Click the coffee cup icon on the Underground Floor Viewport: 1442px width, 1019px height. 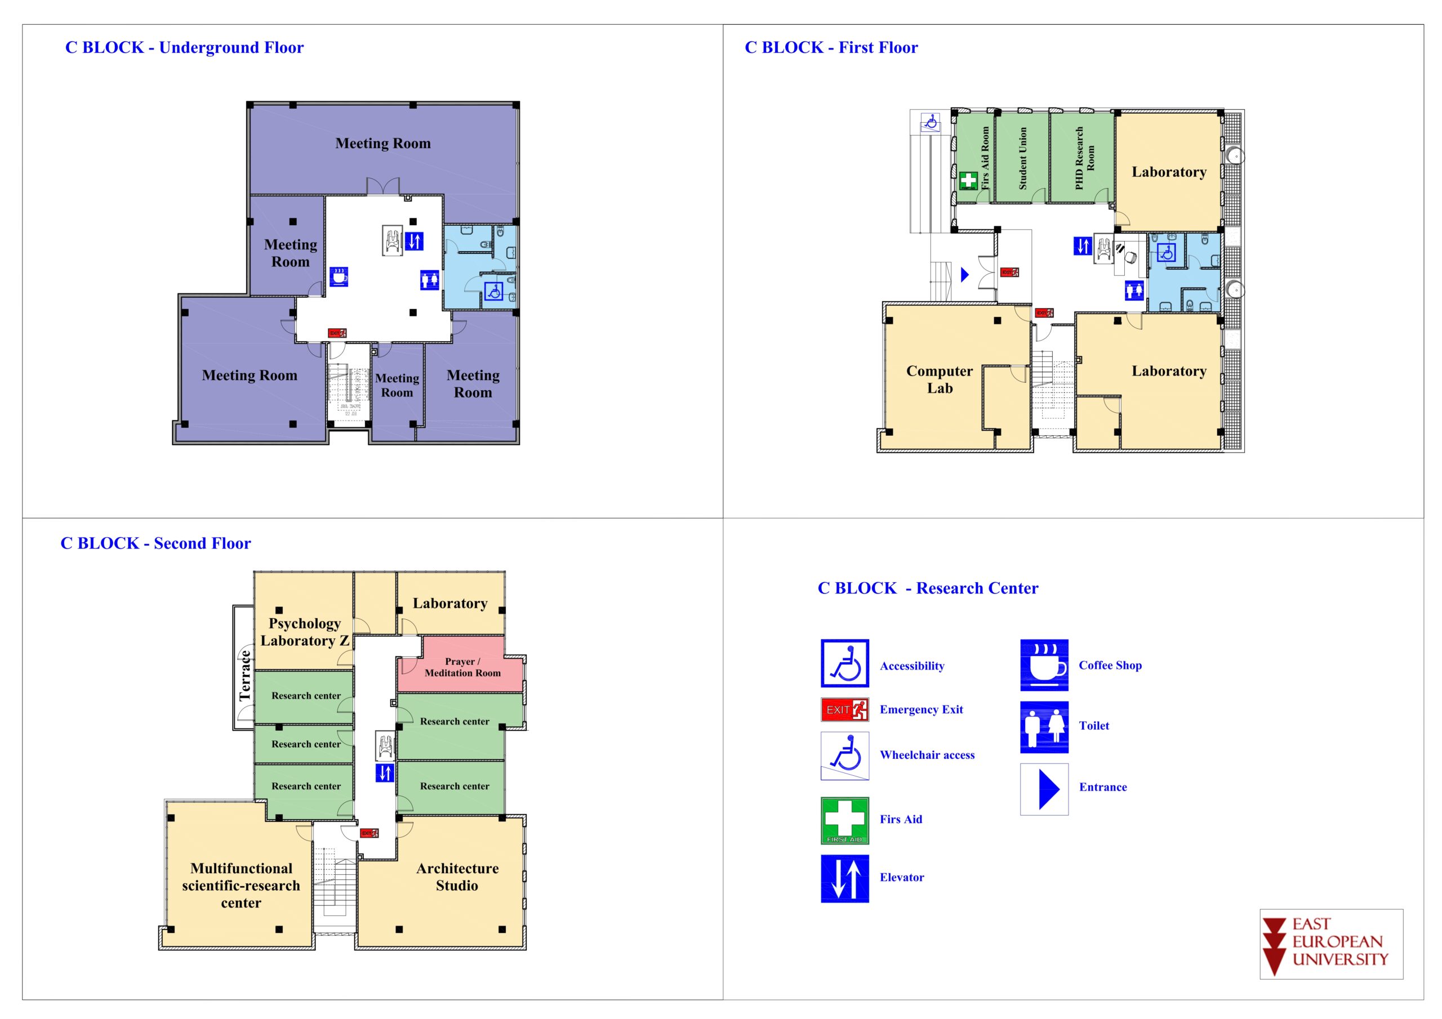coord(339,276)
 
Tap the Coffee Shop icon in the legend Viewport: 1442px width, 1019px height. coord(1044,665)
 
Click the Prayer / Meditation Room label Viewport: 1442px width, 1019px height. coord(462,667)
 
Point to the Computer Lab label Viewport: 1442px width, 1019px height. coord(940,379)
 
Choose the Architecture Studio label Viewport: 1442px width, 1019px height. coord(457,877)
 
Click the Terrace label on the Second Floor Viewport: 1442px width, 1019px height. coord(244,676)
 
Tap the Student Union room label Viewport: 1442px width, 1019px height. coord(1022,158)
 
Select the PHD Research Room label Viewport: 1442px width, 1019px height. coord(1085,158)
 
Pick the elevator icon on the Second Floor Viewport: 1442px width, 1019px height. coord(384,772)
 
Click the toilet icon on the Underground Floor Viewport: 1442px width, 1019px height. coord(430,279)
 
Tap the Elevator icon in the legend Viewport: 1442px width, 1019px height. coord(845,878)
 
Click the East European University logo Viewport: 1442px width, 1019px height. coord(1331,943)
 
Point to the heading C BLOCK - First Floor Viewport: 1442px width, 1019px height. coord(831,48)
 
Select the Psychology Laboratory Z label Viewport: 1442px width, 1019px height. coord(305,632)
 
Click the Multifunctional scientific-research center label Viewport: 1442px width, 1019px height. coord(241,885)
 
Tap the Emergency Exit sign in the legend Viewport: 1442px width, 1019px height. coord(845,709)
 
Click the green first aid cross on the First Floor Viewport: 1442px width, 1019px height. coord(968,180)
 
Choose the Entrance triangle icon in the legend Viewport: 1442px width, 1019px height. coord(1044,789)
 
